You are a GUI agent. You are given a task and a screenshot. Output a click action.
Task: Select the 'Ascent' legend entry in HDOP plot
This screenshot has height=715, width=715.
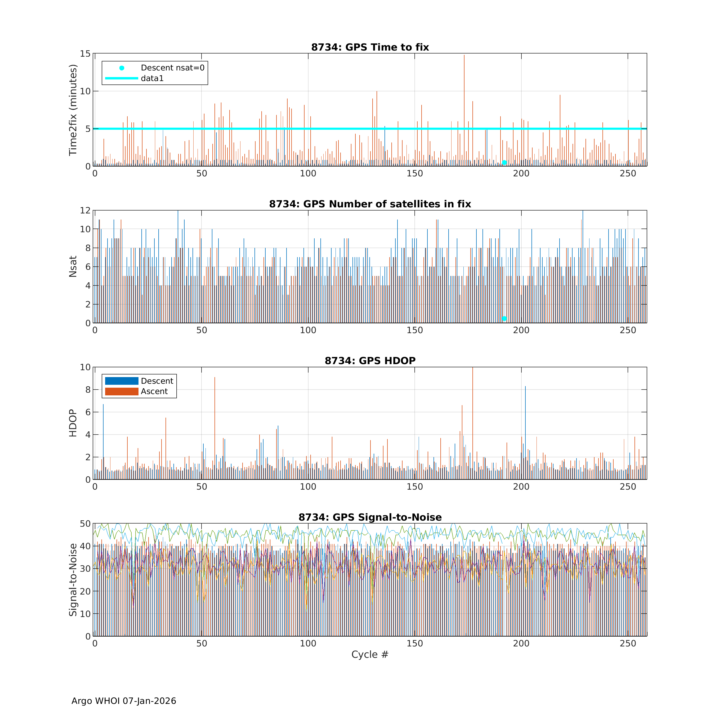tap(154, 392)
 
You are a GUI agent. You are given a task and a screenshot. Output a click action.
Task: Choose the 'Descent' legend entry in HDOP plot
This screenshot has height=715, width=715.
tap(157, 381)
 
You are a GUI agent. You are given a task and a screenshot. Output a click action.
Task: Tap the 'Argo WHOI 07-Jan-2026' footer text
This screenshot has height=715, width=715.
tap(124, 701)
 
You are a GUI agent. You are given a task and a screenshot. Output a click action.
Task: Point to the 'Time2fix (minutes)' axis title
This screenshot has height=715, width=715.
tap(73, 110)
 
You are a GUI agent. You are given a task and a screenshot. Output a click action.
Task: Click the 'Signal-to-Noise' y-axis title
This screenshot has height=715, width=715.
tap(73, 580)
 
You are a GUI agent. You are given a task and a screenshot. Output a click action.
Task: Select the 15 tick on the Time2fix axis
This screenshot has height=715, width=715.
tap(85, 54)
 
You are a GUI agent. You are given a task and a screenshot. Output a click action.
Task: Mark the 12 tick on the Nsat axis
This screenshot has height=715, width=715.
tap(85, 211)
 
